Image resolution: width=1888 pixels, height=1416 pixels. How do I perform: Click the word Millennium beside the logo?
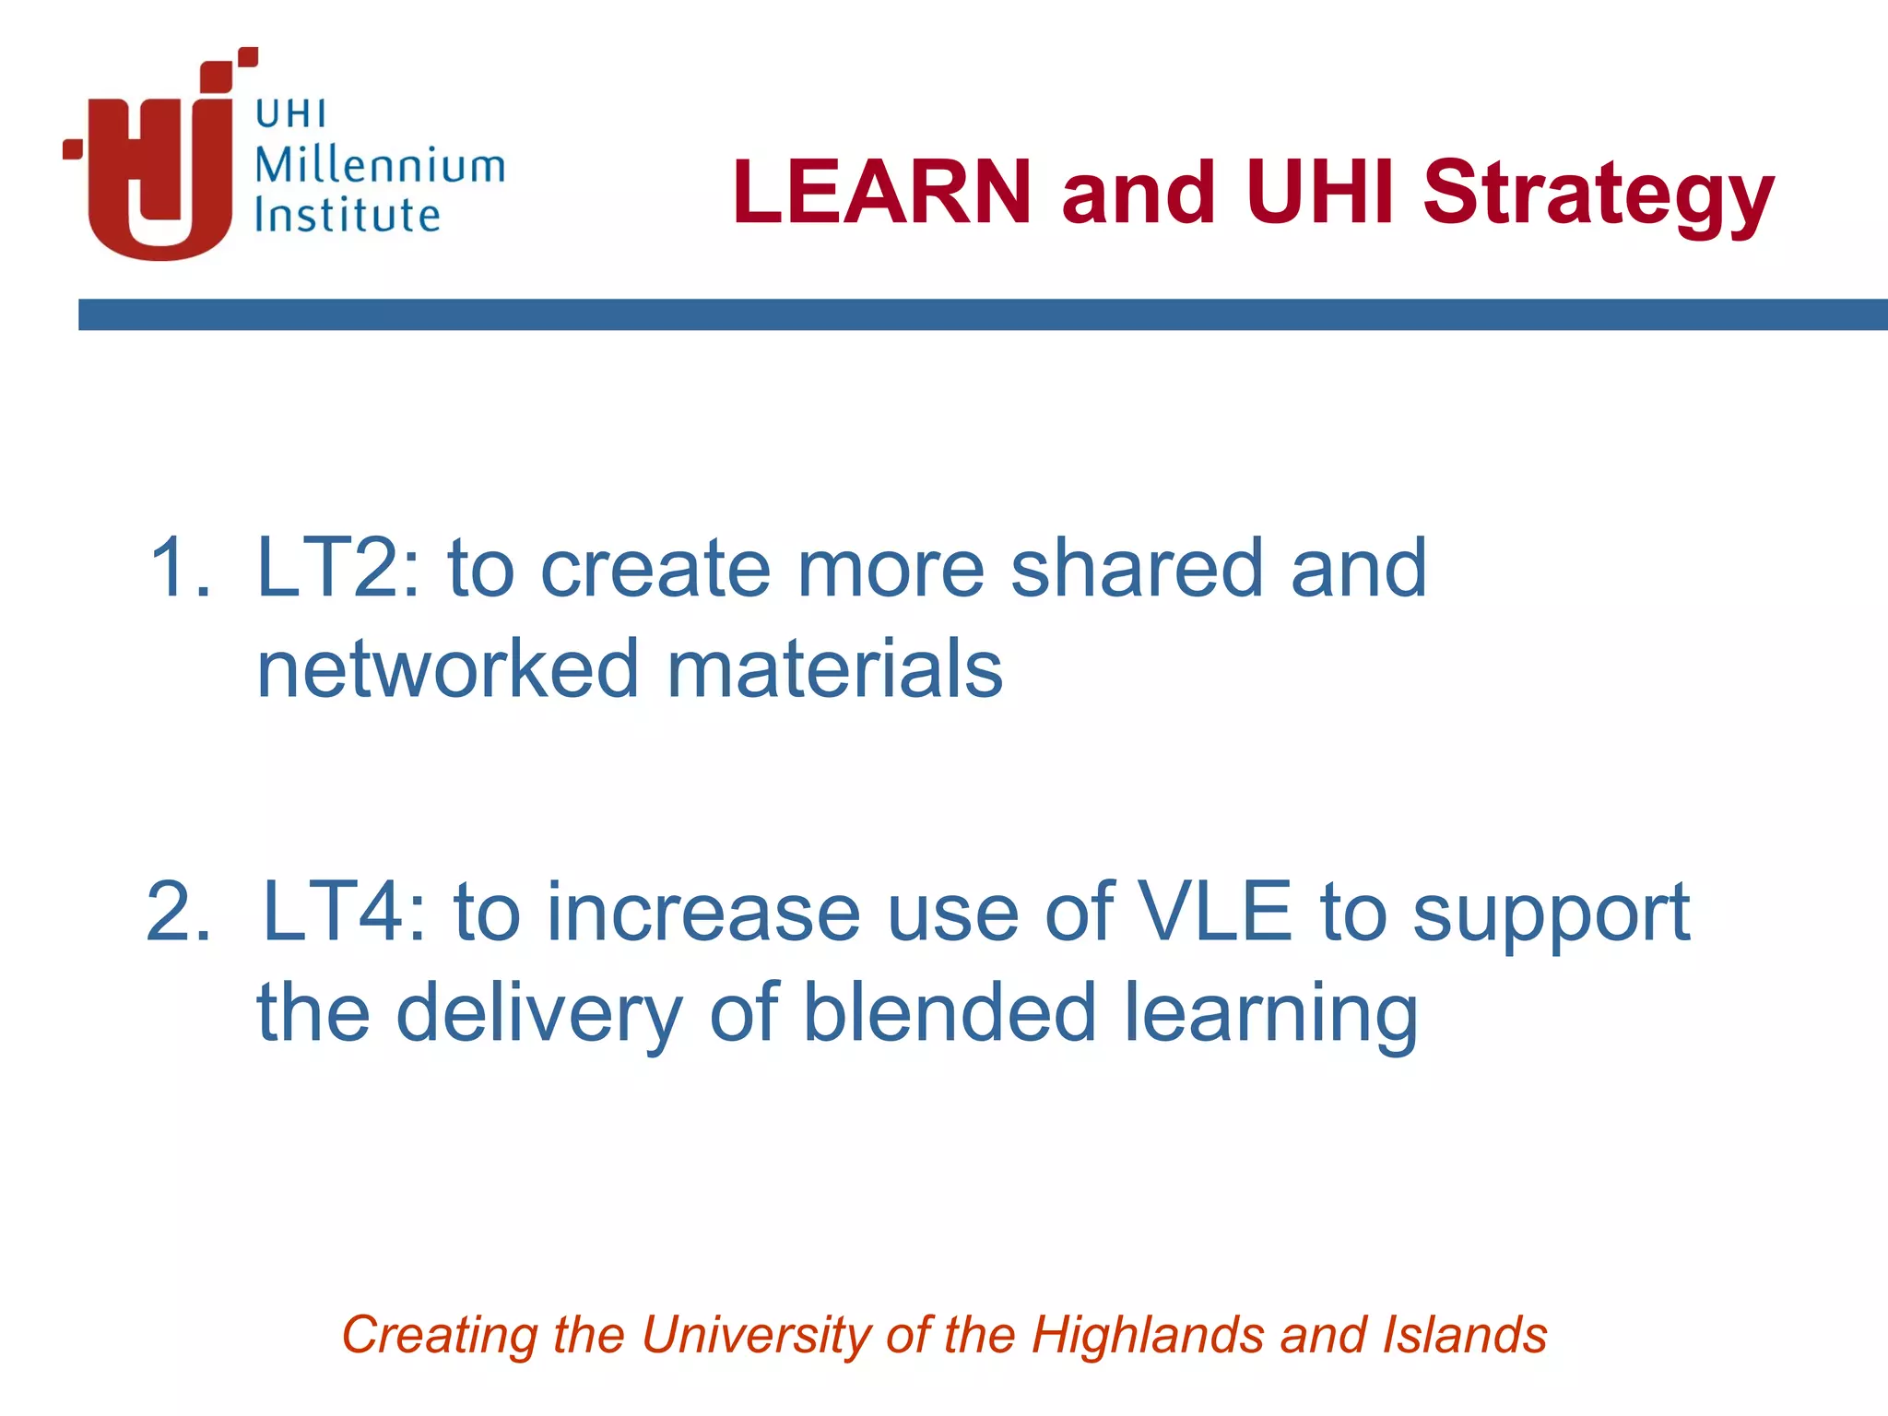pyautogui.click(x=380, y=166)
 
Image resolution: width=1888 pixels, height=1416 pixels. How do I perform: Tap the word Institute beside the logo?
pyautogui.click(x=348, y=216)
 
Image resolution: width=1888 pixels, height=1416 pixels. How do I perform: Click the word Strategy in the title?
pyautogui.click(x=1599, y=194)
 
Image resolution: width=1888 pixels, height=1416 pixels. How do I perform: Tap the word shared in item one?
pyautogui.click(x=1136, y=569)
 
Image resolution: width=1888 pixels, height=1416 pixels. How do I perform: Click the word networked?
pyautogui.click(x=448, y=669)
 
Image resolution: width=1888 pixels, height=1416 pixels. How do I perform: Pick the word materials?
pyautogui.click(x=834, y=669)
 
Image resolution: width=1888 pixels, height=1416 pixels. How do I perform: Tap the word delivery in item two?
pyautogui.click(x=539, y=1014)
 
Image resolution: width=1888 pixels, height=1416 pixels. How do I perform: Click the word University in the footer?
pyautogui.click(x=756, y=1336)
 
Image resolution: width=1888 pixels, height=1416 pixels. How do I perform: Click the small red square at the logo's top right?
pyautogui.click(x=248, y=57)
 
